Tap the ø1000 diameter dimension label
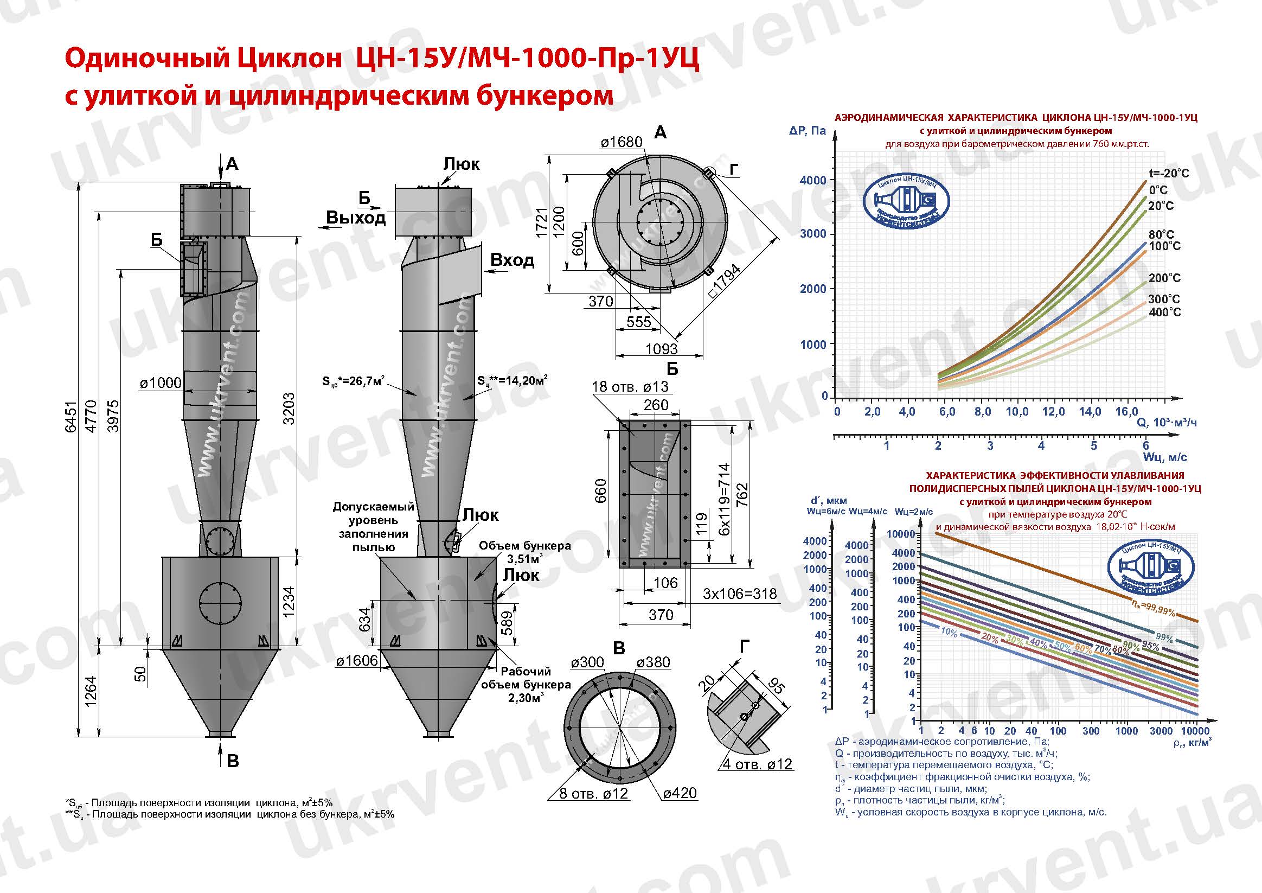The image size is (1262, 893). point(160,382)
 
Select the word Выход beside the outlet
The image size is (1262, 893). point(356,218)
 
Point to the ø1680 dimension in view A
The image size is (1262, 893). point(621,142)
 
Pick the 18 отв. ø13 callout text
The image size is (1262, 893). point(630,387)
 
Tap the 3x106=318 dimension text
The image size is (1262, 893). point(740,594)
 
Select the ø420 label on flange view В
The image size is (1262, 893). point(680,793)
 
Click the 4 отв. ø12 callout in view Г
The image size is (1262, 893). point(757,764)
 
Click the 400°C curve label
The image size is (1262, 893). point(1164,312)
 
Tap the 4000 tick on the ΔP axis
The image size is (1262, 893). point(813,180)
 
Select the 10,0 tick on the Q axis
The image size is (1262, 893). point(1017,412)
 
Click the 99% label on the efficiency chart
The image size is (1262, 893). point(1164,639)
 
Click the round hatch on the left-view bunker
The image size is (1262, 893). point(220,603)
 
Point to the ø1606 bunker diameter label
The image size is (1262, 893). point(357,661)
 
